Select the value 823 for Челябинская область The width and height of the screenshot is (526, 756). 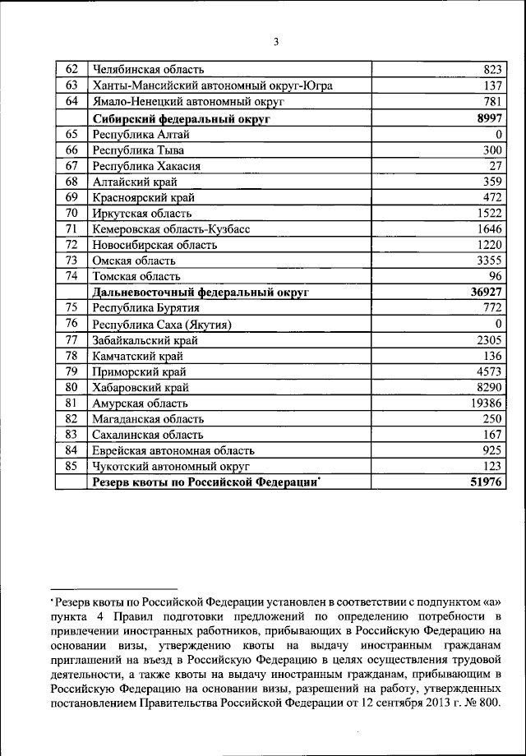(x=491, y=69)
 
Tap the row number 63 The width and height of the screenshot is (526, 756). (x=72, y=85)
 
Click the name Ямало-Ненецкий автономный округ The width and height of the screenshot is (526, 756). (x=188, y=102)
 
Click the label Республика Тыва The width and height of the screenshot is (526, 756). (x=138, y=150)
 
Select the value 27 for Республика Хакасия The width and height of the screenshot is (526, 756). (x=494, y=166)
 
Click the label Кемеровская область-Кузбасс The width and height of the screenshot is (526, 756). (x=175, y=229)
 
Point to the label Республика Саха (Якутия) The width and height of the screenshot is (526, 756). (x=161, y=324)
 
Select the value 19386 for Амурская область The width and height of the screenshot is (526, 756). (x=486, y=403)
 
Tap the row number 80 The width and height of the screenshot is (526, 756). (x=72, y=387)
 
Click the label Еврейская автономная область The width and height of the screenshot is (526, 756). (x=173, y=450)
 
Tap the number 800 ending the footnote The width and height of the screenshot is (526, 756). (x=488, y=703)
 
